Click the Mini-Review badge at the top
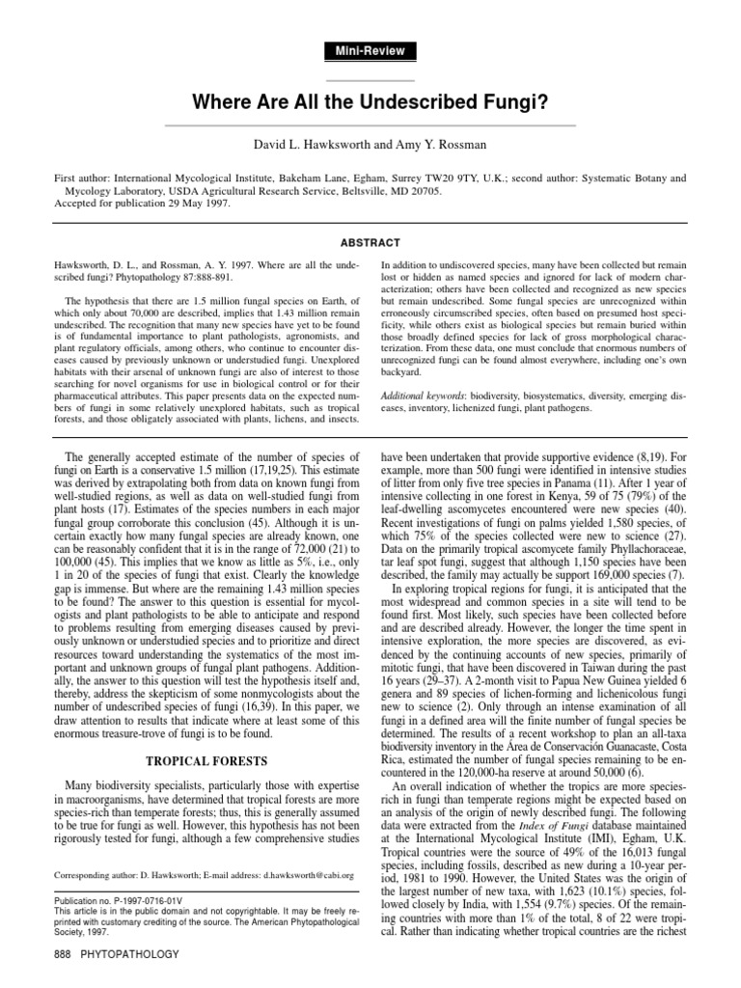[x=370, y=50]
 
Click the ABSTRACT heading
[x=370, y=242]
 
